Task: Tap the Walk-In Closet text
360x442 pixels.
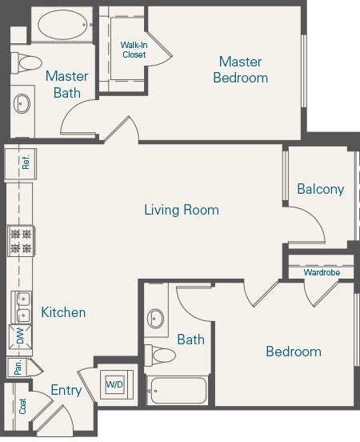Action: [134, 50]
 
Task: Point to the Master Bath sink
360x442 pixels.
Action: [22, 103]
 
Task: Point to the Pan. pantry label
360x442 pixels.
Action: [16, 368]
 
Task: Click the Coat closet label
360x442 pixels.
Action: [21, 405]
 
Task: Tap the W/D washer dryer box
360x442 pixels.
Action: [114, 385]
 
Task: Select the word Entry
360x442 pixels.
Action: [66, 390]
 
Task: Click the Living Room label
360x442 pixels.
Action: [182, 210]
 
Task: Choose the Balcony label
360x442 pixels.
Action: [320, 189]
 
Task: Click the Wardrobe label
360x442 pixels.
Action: [321, 273]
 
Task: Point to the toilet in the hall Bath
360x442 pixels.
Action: [162, 356]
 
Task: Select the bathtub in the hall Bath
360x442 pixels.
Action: [178, 391]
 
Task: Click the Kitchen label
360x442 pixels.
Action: [63, 312]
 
